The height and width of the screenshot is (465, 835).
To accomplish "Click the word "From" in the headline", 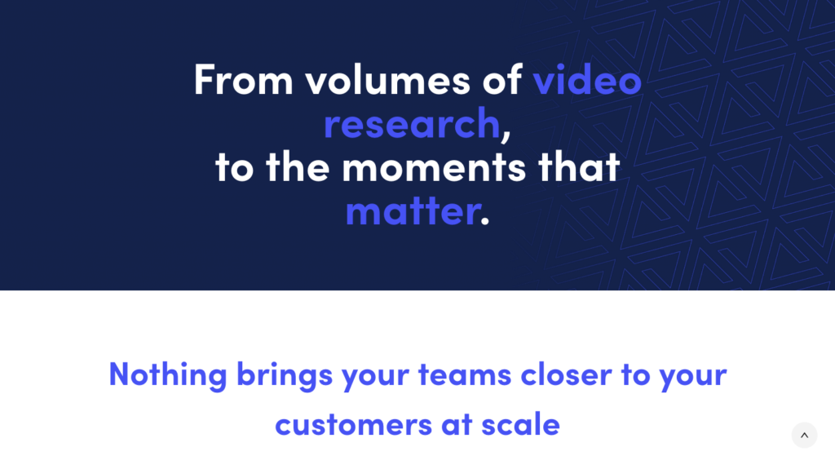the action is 243,80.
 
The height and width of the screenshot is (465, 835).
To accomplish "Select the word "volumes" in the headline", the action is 387,80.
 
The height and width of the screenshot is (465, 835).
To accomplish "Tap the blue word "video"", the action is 587,80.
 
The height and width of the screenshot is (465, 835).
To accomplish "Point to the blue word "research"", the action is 412,123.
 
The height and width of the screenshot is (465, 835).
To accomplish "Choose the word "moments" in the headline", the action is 434,167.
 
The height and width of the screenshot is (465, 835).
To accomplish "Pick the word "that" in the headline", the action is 579,166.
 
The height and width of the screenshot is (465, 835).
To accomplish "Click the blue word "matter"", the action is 413,211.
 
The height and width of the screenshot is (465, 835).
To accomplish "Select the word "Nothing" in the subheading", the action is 168,374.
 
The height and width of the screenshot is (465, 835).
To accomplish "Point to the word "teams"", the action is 465,374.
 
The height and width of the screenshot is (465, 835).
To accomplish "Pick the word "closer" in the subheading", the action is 566,374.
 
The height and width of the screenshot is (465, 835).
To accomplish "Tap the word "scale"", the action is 520,424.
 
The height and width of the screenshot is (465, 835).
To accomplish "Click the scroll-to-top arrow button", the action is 804,435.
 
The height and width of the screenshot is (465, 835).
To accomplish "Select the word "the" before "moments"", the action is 298,166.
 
